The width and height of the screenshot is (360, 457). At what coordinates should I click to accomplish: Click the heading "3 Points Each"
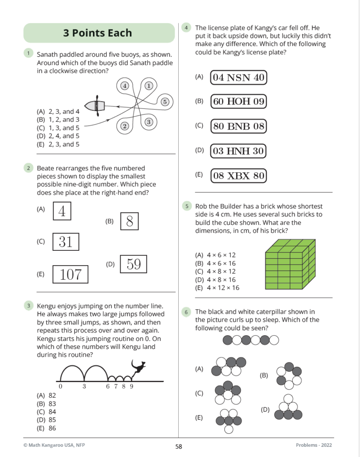[98, 33]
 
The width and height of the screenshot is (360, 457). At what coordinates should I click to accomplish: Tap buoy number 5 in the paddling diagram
[165, 102]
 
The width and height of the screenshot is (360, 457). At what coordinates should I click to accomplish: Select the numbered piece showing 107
[71, 274]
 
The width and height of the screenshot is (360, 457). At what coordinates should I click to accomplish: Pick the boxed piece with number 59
[134, 265]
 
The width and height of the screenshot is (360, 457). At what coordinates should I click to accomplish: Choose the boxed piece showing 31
[66, 242]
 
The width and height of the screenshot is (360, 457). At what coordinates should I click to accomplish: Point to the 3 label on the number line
[84, 387]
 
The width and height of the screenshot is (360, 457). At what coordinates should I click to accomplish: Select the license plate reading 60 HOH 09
[239, 101]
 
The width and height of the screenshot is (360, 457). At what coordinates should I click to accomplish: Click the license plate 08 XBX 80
[239, 176]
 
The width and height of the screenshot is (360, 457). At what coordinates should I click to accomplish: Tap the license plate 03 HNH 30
[239, 151]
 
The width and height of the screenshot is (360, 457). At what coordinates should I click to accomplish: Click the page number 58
[179, 446]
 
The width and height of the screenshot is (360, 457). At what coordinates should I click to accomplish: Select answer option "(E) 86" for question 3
[46, 428]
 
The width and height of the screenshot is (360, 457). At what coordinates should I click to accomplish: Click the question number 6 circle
[187, 312]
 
